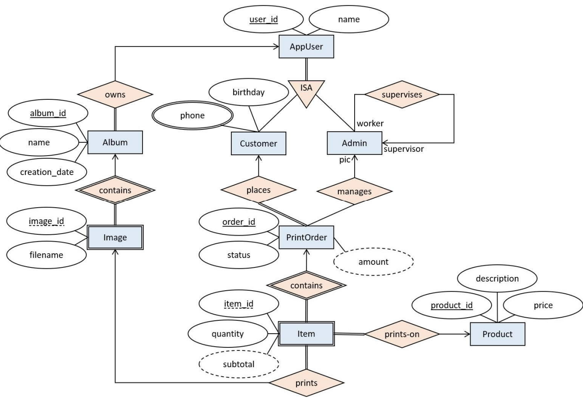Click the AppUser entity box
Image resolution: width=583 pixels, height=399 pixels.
(306, 46)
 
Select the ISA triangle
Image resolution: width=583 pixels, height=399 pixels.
(306, 91)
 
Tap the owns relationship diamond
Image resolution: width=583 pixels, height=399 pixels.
(115, 94)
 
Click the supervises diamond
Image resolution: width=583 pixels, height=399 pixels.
(402, 94)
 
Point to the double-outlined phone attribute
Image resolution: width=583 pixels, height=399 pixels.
(192, 115)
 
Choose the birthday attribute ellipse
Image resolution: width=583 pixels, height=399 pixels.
(248, 92)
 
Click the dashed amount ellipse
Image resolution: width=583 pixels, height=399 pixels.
(373, 261)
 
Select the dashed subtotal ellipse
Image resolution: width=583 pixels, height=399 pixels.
(239, 364)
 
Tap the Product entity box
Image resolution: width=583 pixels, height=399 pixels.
(497, 334)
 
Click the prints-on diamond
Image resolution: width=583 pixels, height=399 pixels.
(402, 334)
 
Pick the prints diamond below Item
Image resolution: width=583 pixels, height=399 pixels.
(307, 382)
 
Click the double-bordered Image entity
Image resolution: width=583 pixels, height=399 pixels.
(115, 237)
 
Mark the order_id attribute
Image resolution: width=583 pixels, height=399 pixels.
(239, 222)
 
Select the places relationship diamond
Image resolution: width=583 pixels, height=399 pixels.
(258, 190)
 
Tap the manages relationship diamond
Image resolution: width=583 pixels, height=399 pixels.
(355, 191)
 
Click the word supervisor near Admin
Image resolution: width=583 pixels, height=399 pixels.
(404, 149)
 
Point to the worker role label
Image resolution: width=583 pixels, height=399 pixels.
(370, 123)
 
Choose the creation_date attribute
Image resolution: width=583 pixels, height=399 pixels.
(47, 172)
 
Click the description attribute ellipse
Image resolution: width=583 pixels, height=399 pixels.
(497, 278)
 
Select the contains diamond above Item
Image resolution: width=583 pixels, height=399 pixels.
(306, 285)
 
